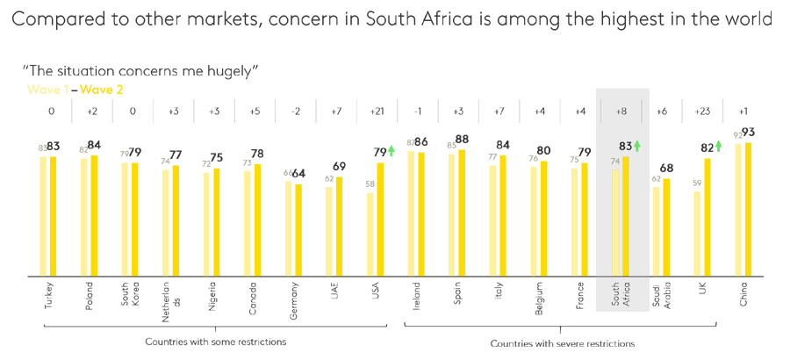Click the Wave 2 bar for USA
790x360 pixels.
pos(381,219)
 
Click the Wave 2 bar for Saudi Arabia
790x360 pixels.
pos(667,227)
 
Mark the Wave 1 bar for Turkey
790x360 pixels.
pos(43,216)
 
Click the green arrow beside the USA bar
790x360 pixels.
pos(391,150)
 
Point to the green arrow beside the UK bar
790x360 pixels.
pos(718,147)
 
